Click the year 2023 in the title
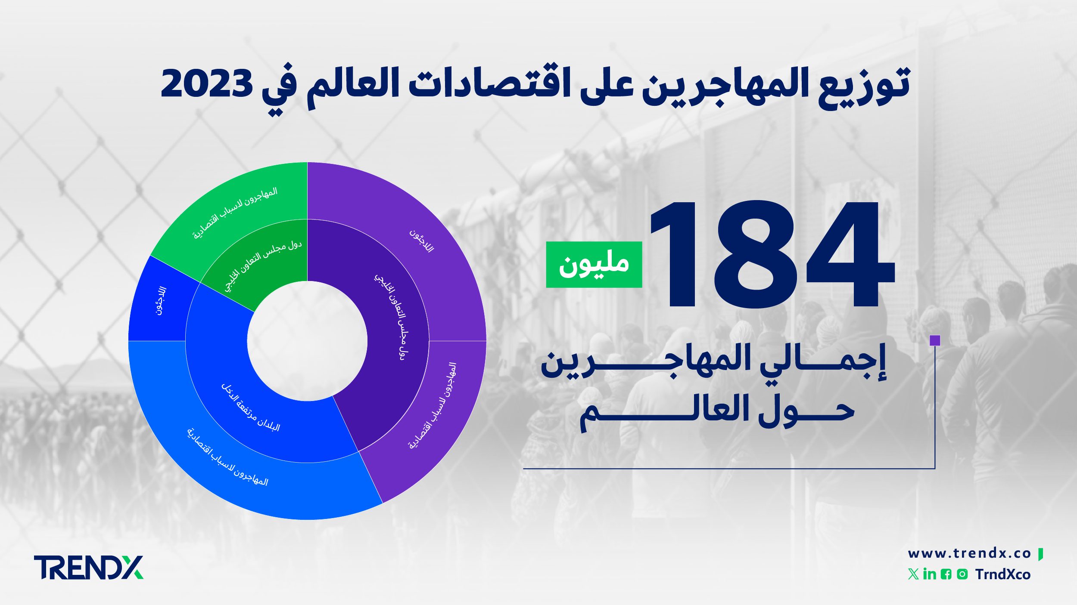click(x=206, y=83)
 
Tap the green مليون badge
click(x=594, y=264)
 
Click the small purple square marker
click(x=935, y=340)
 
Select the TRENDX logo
click(x=88, y=567)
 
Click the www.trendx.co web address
click(x=969, y=553)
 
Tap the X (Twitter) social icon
click(x=913, y=574)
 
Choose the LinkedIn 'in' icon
click(x=929, y=574)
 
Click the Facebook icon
click(x=946, y=574)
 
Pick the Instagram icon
click(x=962, y=574)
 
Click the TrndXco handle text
click(x=1003, y=574)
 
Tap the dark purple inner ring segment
click(x=388, y=344)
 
